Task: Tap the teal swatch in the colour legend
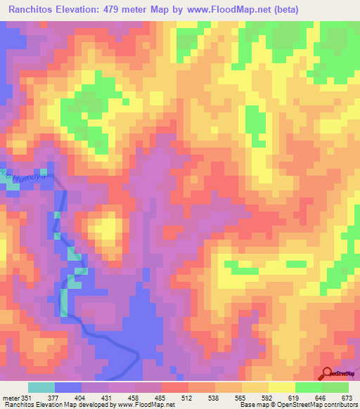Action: [41, 387]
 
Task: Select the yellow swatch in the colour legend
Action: [282, 387]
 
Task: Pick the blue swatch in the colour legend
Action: [68, 387]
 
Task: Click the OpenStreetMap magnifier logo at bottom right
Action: [326, 374]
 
